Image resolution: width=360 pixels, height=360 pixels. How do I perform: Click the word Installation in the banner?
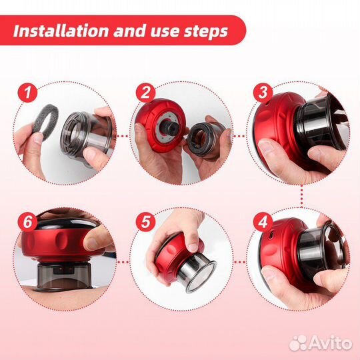61,31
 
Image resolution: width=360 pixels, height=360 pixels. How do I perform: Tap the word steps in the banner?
206,32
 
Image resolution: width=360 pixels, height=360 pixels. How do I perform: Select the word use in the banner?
165,32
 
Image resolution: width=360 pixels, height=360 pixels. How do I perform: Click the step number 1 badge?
27,93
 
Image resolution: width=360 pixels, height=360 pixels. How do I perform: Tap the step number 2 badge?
145,93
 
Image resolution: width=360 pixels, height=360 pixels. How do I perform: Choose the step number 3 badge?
263,93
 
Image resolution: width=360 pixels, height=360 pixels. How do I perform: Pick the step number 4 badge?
263,222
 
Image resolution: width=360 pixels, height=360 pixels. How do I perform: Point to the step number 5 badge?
145,222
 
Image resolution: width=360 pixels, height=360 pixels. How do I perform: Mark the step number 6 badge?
27,222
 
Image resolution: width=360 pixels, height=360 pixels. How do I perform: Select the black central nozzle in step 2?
171,127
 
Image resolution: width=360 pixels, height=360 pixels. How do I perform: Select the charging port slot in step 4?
271,235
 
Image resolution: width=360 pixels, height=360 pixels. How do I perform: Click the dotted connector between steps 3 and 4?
302,196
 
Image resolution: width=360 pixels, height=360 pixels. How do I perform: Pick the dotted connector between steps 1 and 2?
123,136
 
